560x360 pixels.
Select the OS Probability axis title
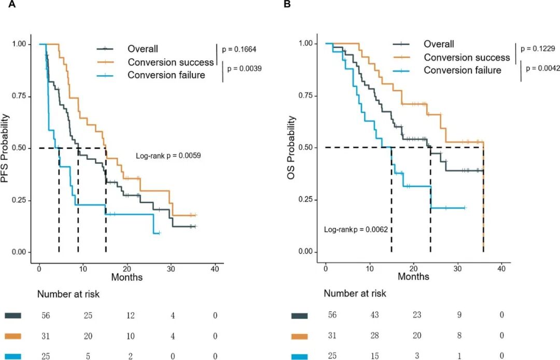coord(292,148)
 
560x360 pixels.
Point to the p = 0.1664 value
coord(239,50)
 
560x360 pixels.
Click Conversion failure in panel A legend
coord(166,75)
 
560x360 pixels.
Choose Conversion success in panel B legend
coord(467,58)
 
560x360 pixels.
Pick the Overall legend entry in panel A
coord(143,49)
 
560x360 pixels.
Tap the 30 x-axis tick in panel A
coord(171,270)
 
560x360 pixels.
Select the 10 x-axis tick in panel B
coord(369,270)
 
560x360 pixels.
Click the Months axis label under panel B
coord(413,276)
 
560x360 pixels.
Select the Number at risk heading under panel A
coord(68,294)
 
